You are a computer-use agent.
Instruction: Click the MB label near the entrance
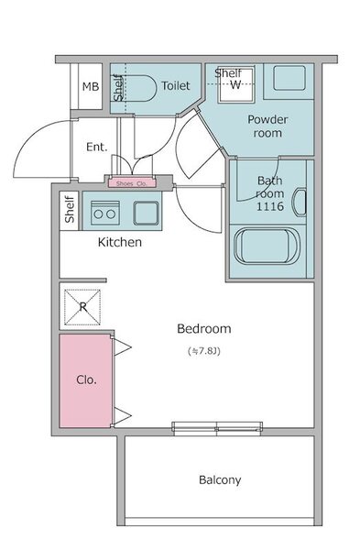(x=91, y=86)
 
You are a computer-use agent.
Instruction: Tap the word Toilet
(x=176, y=85)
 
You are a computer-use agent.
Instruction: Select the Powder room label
(x=267, y=126)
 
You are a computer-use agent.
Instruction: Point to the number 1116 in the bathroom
(x=270, y=206)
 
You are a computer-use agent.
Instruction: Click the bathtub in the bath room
(x=267, y=246)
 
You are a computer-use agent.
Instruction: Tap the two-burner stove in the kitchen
(x=105, y=213)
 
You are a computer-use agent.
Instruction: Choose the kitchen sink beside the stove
(x=146, y=213)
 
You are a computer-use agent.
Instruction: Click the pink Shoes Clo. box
(x=132, y=183)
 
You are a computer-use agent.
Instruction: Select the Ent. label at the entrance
(x=97, y=147)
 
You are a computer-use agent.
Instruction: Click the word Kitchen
(x=120, y=242)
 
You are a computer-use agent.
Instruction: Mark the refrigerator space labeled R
(x=82, y=307)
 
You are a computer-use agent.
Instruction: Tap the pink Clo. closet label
(x=86, y=379)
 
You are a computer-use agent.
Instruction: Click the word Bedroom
(x=204, y=329)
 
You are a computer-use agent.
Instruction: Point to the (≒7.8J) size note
(x=204, y=351)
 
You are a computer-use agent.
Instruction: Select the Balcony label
(x=220, y=479)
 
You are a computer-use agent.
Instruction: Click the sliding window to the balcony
(x=217, y=429)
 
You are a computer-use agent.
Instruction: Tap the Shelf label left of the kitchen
(x=70, y=209)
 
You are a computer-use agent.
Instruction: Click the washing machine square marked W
(x=236, y=84)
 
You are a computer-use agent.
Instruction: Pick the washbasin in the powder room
(x=289, y=78)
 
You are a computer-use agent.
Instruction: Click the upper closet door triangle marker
(x=123, y=347)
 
